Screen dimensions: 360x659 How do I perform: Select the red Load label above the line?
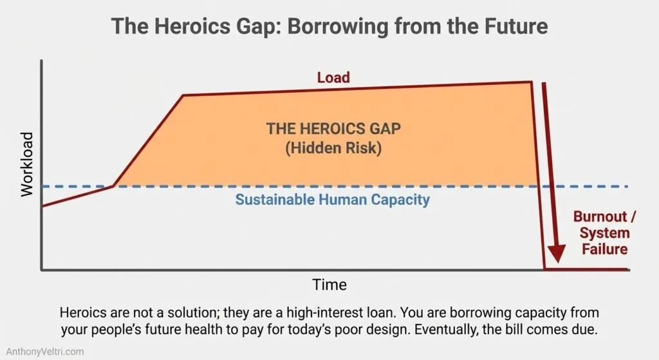(333, 78)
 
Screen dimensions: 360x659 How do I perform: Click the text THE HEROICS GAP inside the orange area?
(333, 128)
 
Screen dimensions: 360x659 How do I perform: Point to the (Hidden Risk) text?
(333, 148)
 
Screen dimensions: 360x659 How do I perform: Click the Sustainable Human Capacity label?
(332, 199)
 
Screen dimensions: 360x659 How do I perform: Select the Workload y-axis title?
(26, 164)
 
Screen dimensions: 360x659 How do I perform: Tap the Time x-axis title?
(329, 284)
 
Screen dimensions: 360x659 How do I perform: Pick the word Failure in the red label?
(604, 249)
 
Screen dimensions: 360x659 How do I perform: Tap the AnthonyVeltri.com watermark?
(42, 352)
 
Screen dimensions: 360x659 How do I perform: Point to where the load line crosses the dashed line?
(113, 186)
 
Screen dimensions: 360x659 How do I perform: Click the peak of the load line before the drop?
(531, 82)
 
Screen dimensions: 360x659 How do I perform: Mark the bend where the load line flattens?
(183, 95)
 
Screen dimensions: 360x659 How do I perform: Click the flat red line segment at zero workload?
(586, 270)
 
